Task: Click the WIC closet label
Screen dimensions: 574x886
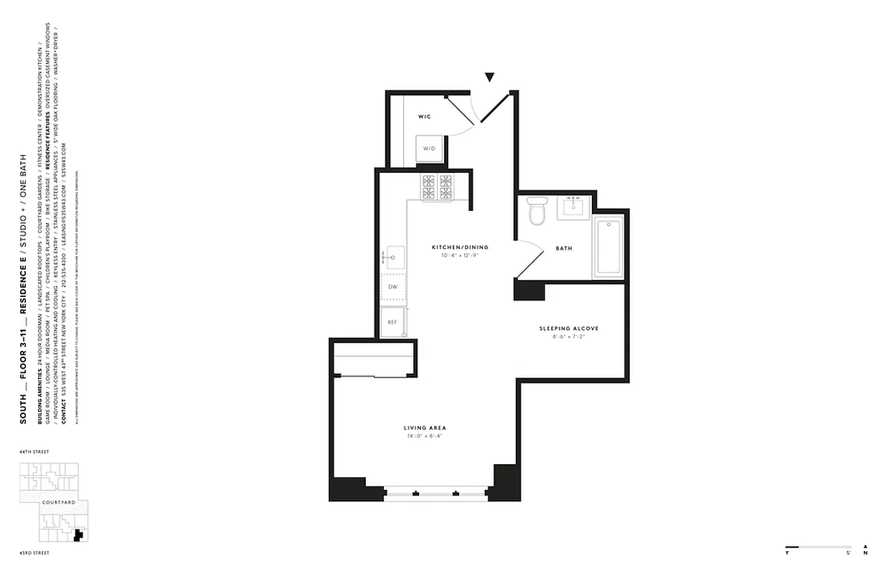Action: point(424,116)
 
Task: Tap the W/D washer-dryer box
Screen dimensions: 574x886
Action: point(429,149)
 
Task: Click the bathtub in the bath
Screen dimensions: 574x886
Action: point(608,248)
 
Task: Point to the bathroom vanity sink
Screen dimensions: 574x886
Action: point(573,207)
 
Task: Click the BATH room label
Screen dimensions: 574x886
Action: point(564,249)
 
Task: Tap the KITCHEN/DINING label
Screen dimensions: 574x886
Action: point(454,248)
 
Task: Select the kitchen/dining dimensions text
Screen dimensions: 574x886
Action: point(454,255)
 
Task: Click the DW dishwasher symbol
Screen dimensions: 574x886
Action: point(392,287)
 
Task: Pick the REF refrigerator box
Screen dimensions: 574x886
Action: point(392,322)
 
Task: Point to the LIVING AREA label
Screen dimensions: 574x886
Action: point(425,428)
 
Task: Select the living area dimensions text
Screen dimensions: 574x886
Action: point(425,436)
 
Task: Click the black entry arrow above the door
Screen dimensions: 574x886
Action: point(490,77)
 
